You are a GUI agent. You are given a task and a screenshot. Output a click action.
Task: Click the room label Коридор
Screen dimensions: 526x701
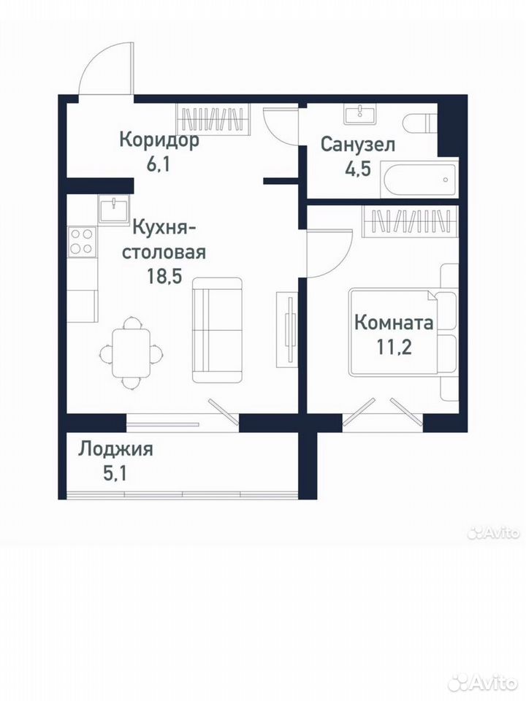[x=159, y=140]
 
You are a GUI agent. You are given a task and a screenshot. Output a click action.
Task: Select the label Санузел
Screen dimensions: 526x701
[x=358, y=145]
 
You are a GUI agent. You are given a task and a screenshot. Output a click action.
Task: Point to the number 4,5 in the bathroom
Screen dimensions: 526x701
[x=358, y=169]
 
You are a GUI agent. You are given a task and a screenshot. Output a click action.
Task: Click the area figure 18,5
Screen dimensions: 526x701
[x=164, y=277]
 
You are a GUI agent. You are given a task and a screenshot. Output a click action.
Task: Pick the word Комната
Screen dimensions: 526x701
[x=394, y=322]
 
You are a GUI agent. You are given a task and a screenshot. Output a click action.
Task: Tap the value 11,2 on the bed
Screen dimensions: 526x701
[x=394, y=347]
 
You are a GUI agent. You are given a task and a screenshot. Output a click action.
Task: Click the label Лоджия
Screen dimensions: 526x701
[x=116, y=449]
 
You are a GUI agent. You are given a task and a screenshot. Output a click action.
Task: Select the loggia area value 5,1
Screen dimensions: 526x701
[x=115, y=473]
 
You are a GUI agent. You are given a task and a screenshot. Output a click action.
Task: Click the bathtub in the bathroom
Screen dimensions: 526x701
[x=419, y=180]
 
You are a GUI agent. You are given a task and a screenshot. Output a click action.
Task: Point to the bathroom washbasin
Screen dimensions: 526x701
[x=360, y=114]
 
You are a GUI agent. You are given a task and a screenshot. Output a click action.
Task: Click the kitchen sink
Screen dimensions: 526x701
[x=114, y=210]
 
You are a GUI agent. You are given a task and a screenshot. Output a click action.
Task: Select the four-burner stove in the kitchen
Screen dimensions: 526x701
[x=82, y=241]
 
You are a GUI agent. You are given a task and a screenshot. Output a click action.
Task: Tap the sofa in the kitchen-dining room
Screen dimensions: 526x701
[x=218, y=330]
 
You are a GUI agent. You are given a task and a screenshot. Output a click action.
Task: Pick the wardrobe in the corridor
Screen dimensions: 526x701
[x=213, y=118]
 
